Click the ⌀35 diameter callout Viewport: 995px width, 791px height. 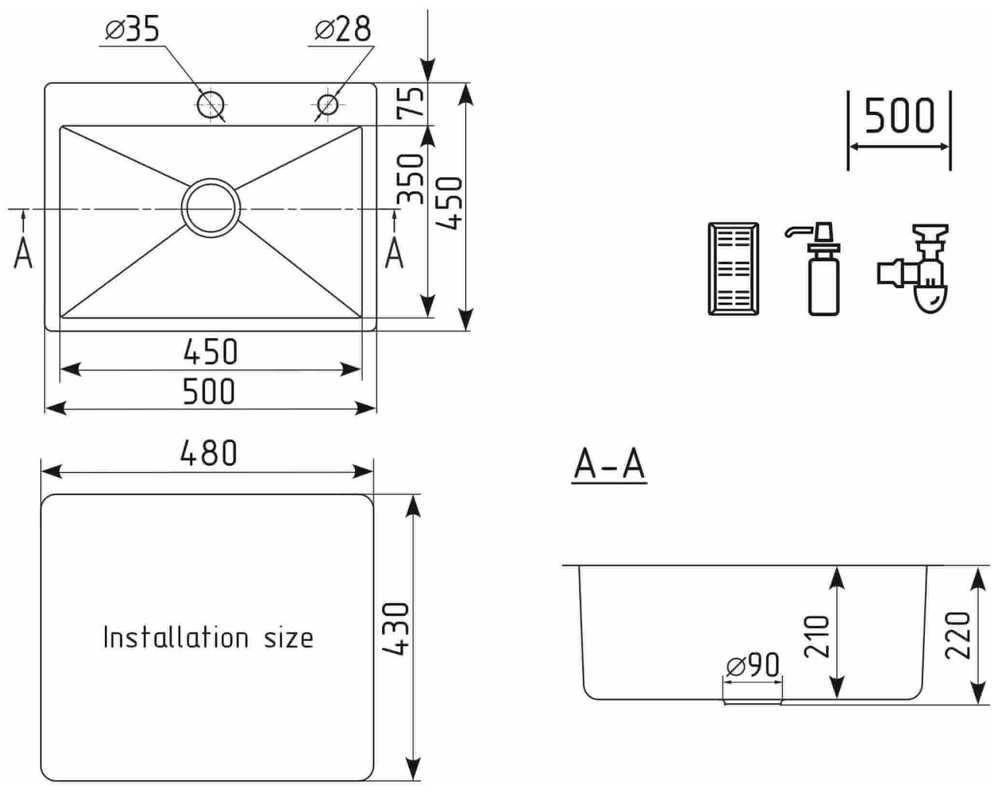click(x=132, y=29)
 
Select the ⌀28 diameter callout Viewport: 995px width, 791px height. click(x=343, y=29)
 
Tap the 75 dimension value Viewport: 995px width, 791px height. click(x=411, y=102)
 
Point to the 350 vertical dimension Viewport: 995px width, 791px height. click(x=411, y=179)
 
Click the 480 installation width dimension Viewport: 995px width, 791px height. click(x=208, y=453)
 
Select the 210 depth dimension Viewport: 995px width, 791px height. click(x=817, y=637)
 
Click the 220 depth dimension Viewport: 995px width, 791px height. click(x=958, y=636)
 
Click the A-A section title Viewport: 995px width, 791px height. click(x=609, y=465)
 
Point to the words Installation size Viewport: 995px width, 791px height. click(x=208, y=638)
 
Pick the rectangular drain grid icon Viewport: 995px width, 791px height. click(x=733, y=269)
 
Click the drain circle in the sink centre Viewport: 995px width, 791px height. click(x=211, y=208)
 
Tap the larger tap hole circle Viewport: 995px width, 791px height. click(x=210, y=105)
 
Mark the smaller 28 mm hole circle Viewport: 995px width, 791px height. click(x=328, y=105)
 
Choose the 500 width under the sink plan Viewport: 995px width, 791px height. click(x=208, y=392)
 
